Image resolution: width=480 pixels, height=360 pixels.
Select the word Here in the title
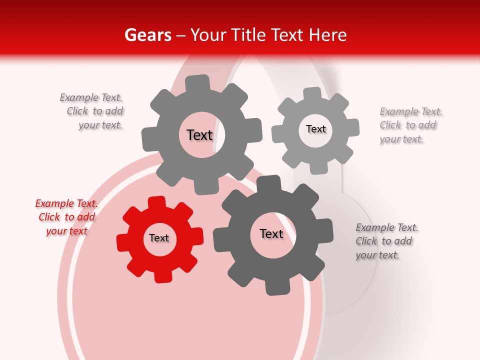click(327, 35)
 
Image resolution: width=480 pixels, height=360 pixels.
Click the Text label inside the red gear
click(159, 238)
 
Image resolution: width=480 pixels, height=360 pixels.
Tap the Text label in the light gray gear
click(315, 129)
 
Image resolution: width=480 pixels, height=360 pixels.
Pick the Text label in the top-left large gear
click(199, 135)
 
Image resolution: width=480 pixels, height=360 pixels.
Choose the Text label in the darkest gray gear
click(271, 234)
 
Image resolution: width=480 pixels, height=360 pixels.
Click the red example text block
click(66, 217)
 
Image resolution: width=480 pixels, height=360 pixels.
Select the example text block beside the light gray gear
click(410, 125)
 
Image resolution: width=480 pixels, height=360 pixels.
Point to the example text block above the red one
click(93, 111)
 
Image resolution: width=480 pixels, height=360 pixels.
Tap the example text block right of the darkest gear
click(386, 241)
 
